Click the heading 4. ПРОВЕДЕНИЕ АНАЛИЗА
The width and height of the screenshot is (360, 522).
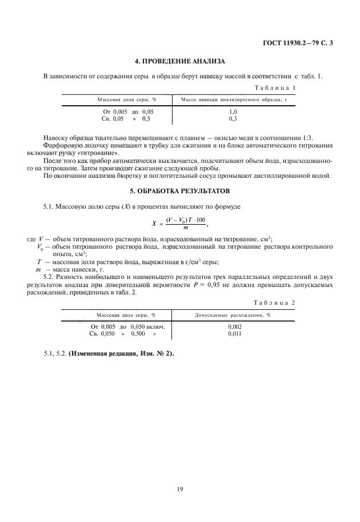point(180,61)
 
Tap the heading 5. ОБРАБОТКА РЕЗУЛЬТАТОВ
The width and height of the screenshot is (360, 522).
point(180,190)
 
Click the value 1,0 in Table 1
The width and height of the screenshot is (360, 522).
point(233,112)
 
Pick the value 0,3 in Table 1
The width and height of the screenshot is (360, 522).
point(233,119)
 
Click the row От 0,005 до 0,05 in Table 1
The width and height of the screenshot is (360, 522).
point(128,112)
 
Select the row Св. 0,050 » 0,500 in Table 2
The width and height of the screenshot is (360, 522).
point(123,333)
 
